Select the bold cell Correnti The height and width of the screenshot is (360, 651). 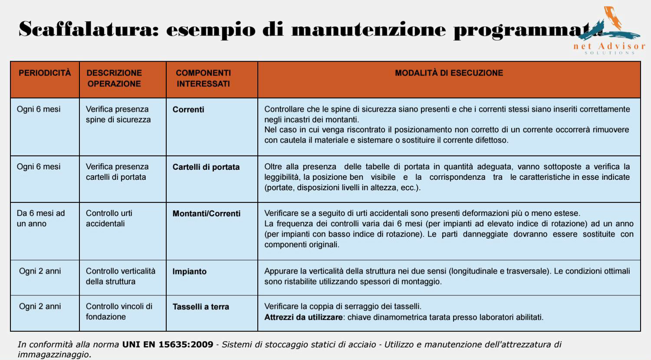tap(188, 109)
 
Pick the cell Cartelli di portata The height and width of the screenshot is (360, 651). tap(206, 167)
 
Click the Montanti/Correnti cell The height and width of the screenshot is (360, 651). tap(206, 214)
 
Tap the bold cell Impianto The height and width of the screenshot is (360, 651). tap(189, 271)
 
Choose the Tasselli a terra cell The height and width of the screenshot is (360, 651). tap(201, 307)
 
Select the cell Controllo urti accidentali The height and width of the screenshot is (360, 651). tap(109, 218)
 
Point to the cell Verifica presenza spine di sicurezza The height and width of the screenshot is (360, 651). tap(118, 114)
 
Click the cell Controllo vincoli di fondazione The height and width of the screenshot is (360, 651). tap(119, 311)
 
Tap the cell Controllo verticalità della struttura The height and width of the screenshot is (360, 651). tap(120, 276)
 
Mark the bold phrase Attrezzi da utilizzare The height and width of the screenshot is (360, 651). tap(303, 317)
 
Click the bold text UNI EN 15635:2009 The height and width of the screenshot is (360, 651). tap(168, 344)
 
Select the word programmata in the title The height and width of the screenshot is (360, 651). tap(525, 30)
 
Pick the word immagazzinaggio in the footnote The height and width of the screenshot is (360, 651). tap(53, 354)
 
